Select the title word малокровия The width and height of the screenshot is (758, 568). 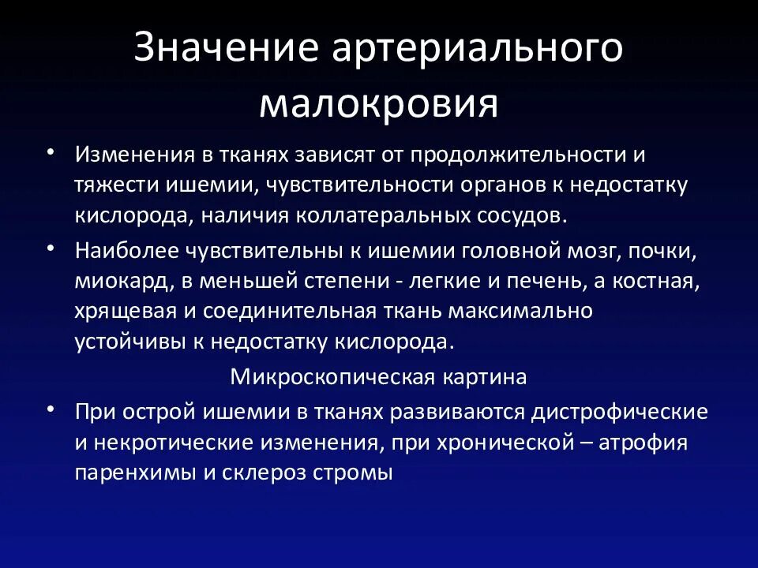378,104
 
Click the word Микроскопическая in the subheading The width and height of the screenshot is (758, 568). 330,376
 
